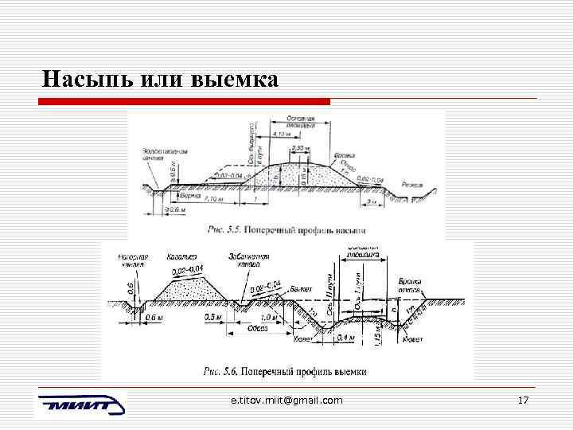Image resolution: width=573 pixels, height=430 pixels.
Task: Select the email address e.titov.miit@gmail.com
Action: coord(286,400)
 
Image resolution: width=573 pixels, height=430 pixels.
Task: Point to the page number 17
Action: coord(523,400)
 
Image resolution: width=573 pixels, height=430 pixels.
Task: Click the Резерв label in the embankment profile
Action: coord(414,183)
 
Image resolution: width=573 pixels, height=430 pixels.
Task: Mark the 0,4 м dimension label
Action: coord(346,338)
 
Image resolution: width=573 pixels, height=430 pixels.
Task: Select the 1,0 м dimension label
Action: coord(269,317)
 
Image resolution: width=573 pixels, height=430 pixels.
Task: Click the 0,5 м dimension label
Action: coord(212,317)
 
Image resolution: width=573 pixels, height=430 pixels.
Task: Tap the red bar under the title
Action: coord(184,101)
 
